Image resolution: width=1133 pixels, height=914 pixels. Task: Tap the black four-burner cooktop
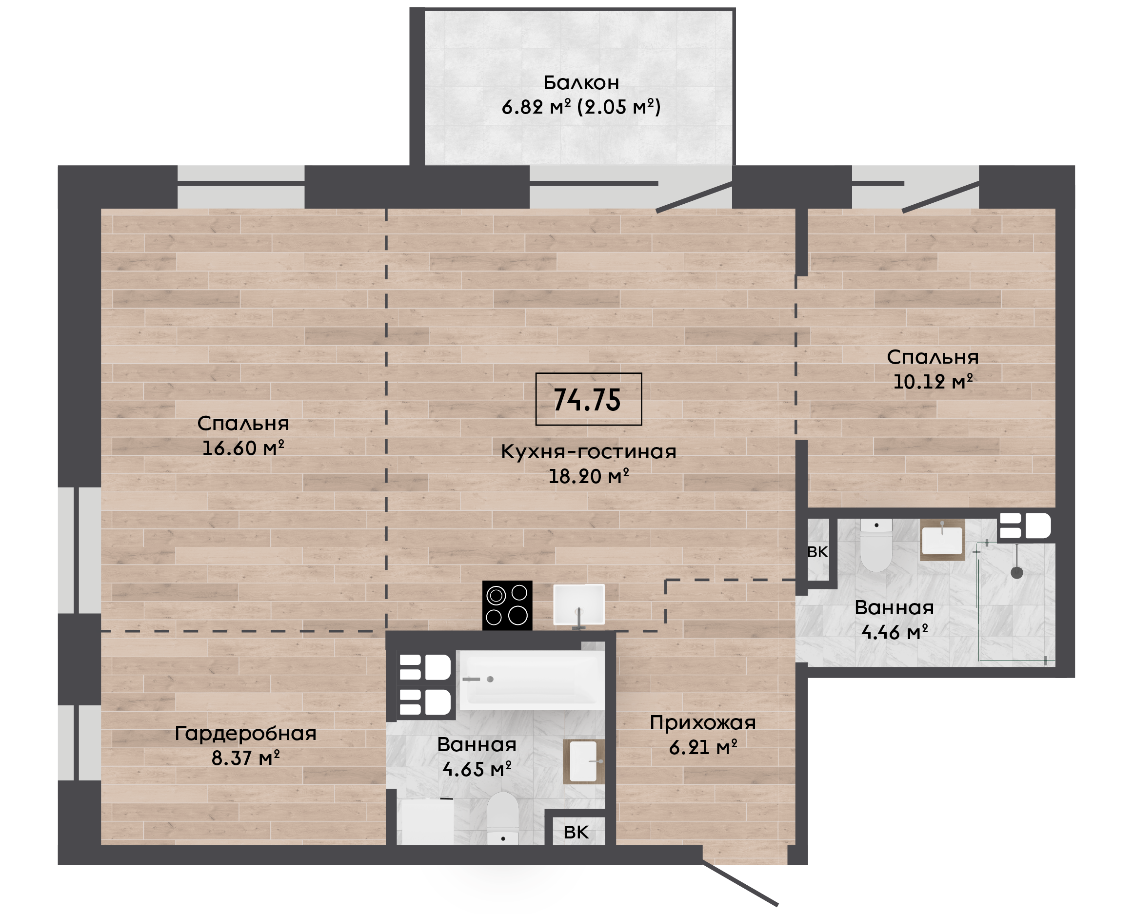(507, 605)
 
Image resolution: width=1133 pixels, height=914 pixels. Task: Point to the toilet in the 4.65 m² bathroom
(502, 819)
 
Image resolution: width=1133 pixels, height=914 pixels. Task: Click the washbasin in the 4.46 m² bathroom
(942, 540)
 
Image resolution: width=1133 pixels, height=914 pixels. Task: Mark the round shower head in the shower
(1016, 573)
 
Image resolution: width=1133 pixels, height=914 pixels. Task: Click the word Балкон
(581, 83)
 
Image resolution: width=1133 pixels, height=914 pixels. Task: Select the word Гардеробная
(245, 734)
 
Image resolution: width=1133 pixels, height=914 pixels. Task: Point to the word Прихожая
(703, 723)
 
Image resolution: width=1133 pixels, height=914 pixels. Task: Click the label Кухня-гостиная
(588, 452)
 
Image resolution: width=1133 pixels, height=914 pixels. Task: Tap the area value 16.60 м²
(243, 448)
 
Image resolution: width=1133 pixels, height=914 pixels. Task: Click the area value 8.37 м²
(245, 758)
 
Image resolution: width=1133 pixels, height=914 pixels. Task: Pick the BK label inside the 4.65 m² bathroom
(576, 833)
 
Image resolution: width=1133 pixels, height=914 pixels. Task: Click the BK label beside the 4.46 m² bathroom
(817, 552)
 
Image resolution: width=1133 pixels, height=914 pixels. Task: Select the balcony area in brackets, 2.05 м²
(619, 107)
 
